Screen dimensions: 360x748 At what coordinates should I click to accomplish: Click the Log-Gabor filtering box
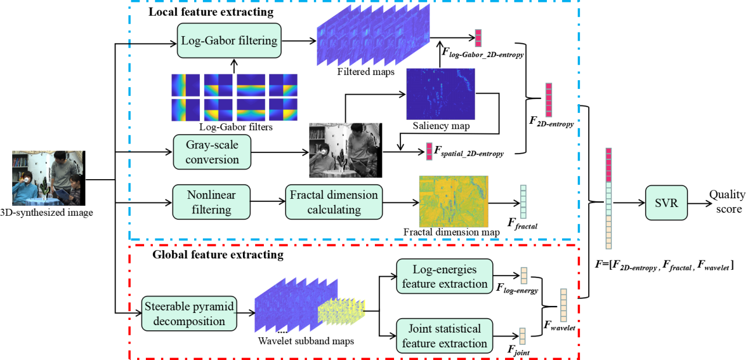(229, 41)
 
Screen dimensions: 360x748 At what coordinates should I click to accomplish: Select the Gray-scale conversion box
(212, 152)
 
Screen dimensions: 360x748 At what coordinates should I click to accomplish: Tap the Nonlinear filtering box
(212, 202)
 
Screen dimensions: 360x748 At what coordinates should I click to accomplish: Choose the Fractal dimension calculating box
(334, 202)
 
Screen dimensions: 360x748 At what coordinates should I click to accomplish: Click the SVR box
(666, 203)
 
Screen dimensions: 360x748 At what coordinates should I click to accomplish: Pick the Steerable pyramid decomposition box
(189, 313)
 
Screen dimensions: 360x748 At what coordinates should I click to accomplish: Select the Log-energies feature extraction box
(445, 276)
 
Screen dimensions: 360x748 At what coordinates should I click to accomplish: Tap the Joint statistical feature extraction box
(445, 336)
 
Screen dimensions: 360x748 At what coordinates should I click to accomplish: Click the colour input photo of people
(47, 178)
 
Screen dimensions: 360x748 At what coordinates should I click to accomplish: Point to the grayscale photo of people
(345, 150)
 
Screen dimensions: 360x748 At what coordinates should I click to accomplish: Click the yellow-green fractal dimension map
(453, 201)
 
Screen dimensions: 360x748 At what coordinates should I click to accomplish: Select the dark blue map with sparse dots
(440, 94)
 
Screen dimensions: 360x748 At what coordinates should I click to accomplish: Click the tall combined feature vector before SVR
(609, 198)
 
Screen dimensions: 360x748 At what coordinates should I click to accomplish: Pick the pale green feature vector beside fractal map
(523, 202)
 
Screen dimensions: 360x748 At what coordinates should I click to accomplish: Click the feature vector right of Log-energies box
(524, 276)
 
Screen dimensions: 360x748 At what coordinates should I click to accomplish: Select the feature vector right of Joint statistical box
(522, 336)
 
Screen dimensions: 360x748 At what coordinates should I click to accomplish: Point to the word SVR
(666, 203)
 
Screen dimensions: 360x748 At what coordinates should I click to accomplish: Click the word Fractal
(309, 195)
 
